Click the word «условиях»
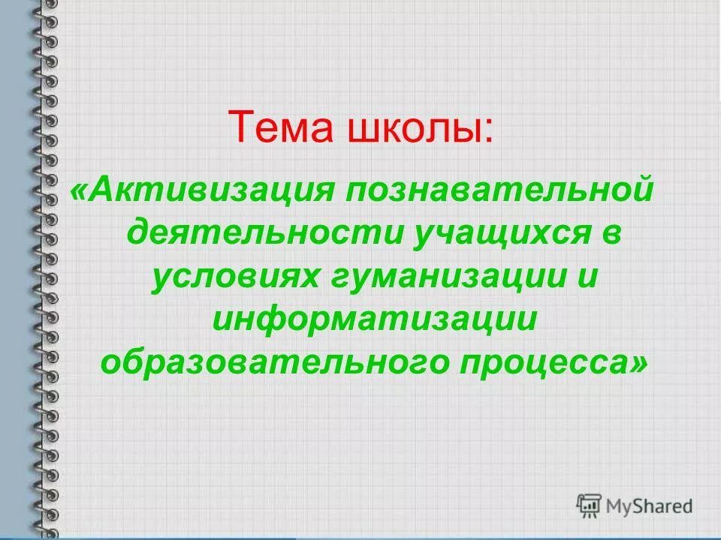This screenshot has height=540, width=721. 234,278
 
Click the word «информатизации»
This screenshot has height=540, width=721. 375,320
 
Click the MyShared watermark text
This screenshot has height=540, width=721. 650,505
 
